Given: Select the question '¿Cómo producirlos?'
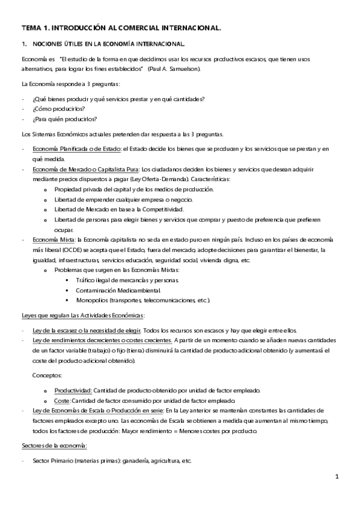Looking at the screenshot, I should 54,109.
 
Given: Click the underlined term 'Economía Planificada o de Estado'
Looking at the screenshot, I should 76,148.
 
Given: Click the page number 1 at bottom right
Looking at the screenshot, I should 338,477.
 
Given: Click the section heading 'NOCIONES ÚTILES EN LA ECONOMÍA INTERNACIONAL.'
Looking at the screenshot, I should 108,44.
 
